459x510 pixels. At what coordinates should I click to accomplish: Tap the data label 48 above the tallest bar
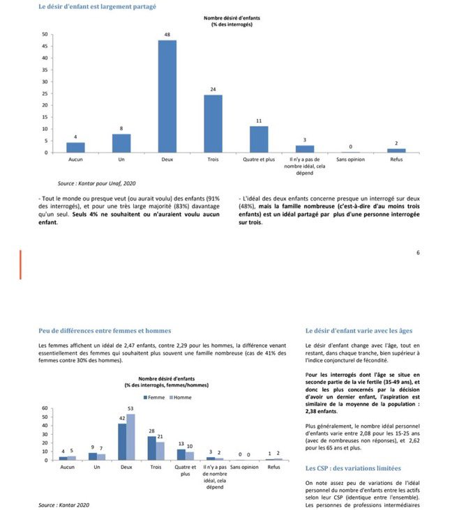click(167, 36)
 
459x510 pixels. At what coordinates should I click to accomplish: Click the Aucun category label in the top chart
click(76, 160)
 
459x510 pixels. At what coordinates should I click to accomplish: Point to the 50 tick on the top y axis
click(45, 35)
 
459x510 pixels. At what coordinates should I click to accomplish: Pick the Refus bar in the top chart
click(396, 150)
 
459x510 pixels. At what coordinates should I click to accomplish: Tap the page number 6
click(417, 252)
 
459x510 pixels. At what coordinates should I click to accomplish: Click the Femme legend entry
click(154, 397)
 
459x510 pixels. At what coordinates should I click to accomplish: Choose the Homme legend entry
click(179, 397)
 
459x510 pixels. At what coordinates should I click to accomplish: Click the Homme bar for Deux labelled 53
click(130, 437)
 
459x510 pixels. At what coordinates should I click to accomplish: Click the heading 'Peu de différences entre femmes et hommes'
click(105, 331)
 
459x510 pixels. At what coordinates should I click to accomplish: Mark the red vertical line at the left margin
click(20, 265)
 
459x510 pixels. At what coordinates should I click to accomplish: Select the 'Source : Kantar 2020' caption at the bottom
click(64, 504)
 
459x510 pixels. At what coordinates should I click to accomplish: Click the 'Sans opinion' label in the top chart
click(349, 160)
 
